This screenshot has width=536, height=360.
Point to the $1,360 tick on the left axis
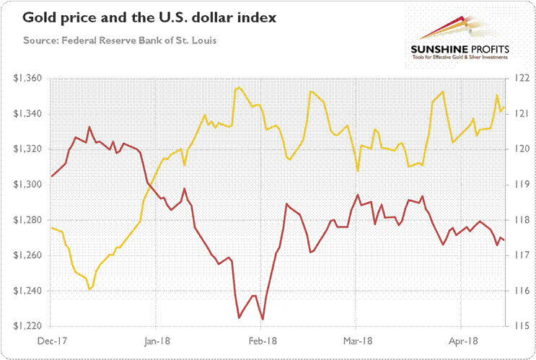[x=27, y=78]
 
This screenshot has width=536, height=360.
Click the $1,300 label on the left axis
[x=27, y=185]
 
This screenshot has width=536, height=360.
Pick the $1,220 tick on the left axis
[x=27, y=326]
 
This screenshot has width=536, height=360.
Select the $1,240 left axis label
[x=27, y=291]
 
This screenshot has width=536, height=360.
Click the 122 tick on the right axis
[x=520, y=78]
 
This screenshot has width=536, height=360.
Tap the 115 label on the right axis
[x=520, y=326]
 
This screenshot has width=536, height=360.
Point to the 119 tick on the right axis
[x=520, y=185]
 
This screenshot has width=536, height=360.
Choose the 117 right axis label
[x=520, y=255]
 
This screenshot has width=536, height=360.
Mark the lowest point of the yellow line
[x=89, y=289]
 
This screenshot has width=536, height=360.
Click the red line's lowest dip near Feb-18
[x=263, y=319]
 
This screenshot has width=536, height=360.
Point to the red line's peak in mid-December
[x=89, y=128]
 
